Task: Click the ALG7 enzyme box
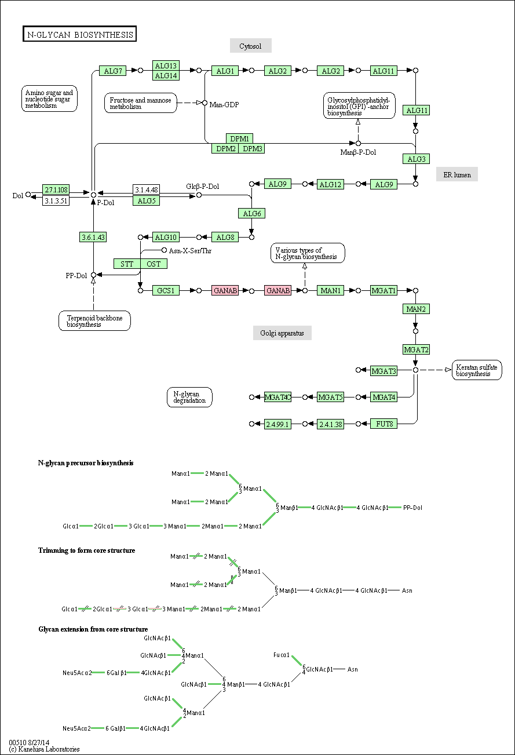(x=112, y=71)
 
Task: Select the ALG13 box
(x=166, y=65)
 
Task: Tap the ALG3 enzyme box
(x=417, y=159)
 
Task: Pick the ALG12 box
(x=330, y=184)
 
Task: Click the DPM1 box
(x=239, y=138)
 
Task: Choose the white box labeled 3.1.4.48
(x=147, y=189)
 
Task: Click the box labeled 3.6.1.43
(x=93, y=237)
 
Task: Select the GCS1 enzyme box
(x=166, y=290)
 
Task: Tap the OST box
(x=154, y=264)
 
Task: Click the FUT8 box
(x=384, y=424)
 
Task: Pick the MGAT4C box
(x=277, y=397)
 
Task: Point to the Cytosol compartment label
(x=250, y=46)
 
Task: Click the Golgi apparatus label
(x=282, y=333)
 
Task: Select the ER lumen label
(x=457, y=174)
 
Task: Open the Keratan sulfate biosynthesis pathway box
(x=477, y=370)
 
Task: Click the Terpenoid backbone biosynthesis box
(x=94, y=320)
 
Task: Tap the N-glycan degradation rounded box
(x=189, y=397)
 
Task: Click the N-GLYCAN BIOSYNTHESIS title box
(x=79, y=34)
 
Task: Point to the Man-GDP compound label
(x=224, y=104)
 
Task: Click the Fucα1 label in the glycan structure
(x=282, y=655)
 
